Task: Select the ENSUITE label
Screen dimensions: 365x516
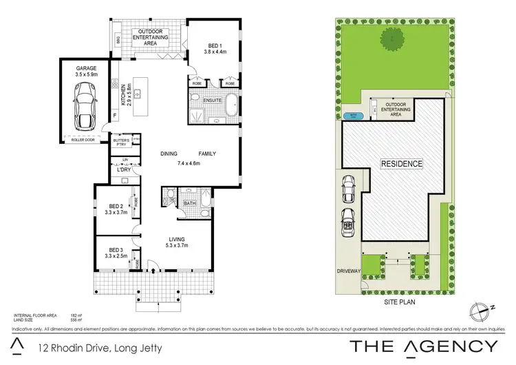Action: pos(212,101)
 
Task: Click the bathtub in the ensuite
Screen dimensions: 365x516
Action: pos(232,108)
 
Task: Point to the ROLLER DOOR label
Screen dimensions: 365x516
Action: pos(84,140)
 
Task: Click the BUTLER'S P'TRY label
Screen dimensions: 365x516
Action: pos(121,143)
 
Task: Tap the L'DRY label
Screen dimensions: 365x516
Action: pos(124,169)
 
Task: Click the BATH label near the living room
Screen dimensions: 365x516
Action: pos(189,204)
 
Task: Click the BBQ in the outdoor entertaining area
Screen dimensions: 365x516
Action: pos(118,40)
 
